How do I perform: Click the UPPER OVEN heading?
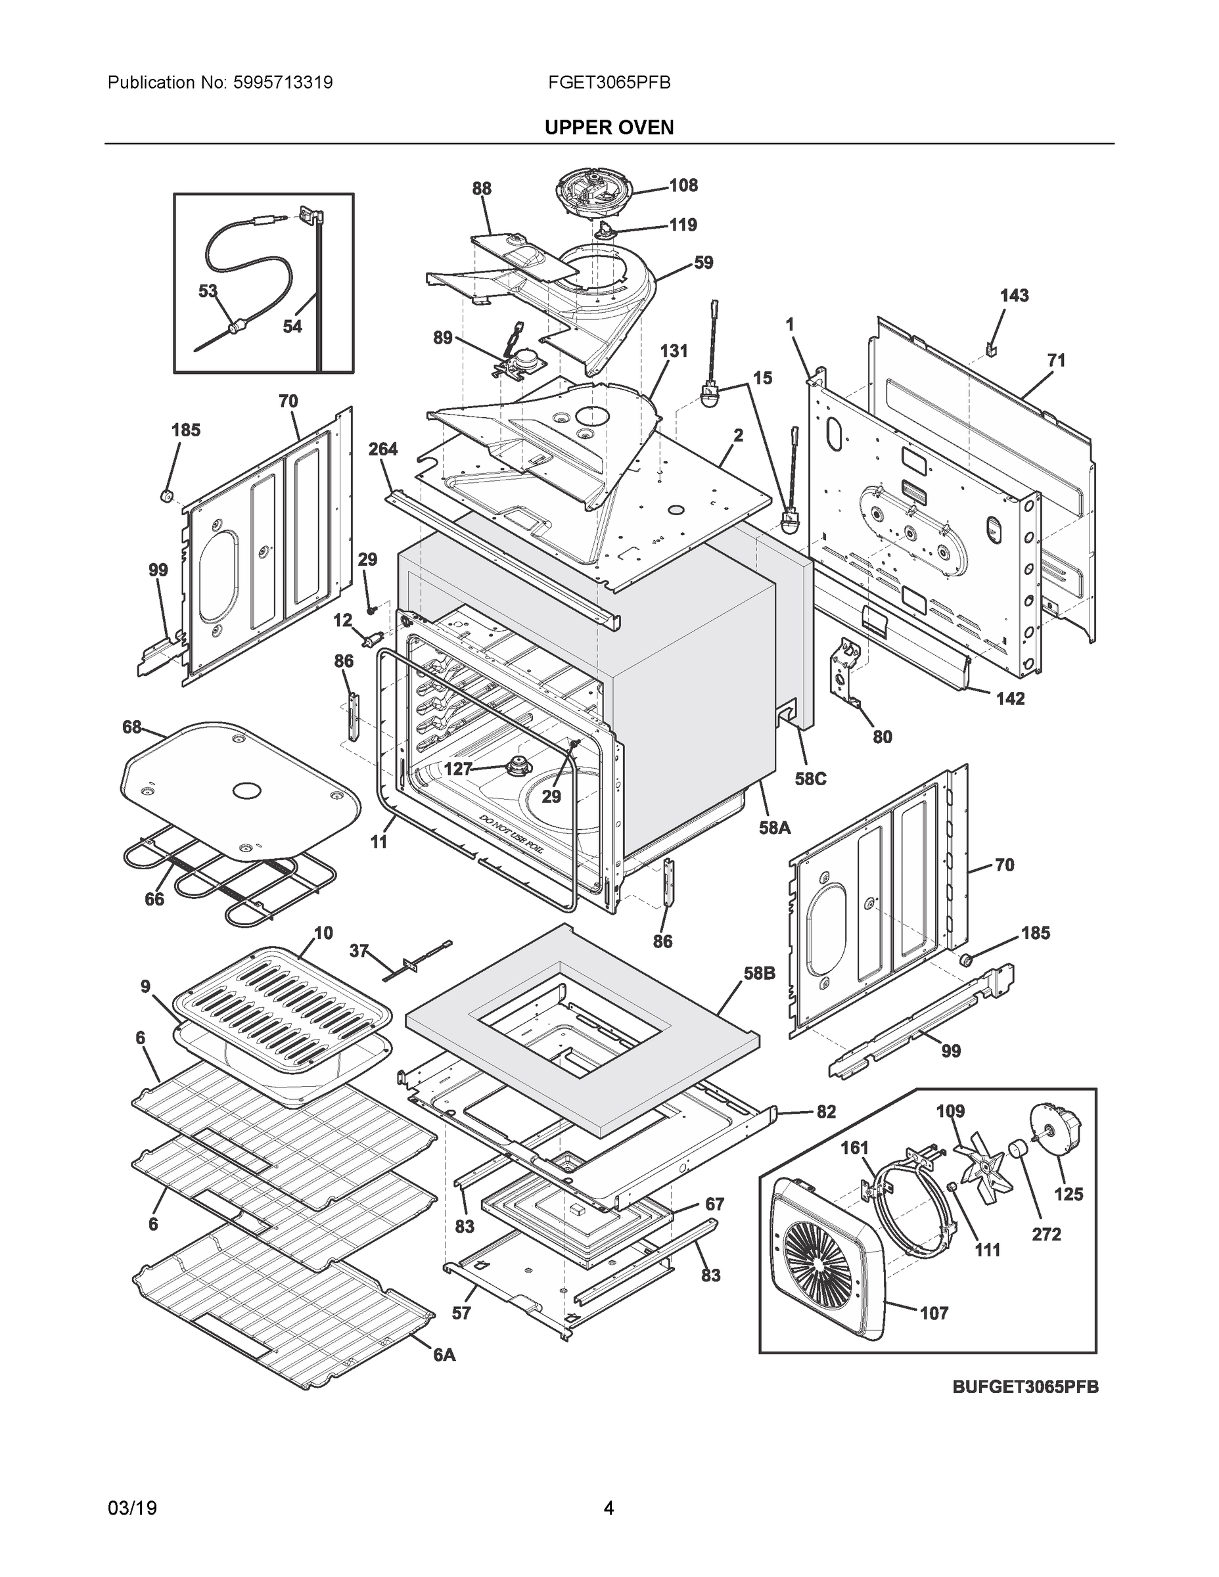609,128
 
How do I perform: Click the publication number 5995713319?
283,83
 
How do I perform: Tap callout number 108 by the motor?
683,185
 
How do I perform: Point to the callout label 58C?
810,779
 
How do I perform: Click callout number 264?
382,449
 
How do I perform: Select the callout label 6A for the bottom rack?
444,1356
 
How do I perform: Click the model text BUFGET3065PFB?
1024,1387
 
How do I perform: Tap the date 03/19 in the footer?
132,1509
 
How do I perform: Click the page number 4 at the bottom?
609,1509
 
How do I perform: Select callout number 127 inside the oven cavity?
457,769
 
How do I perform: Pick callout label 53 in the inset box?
208,291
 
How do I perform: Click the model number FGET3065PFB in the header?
609,83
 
